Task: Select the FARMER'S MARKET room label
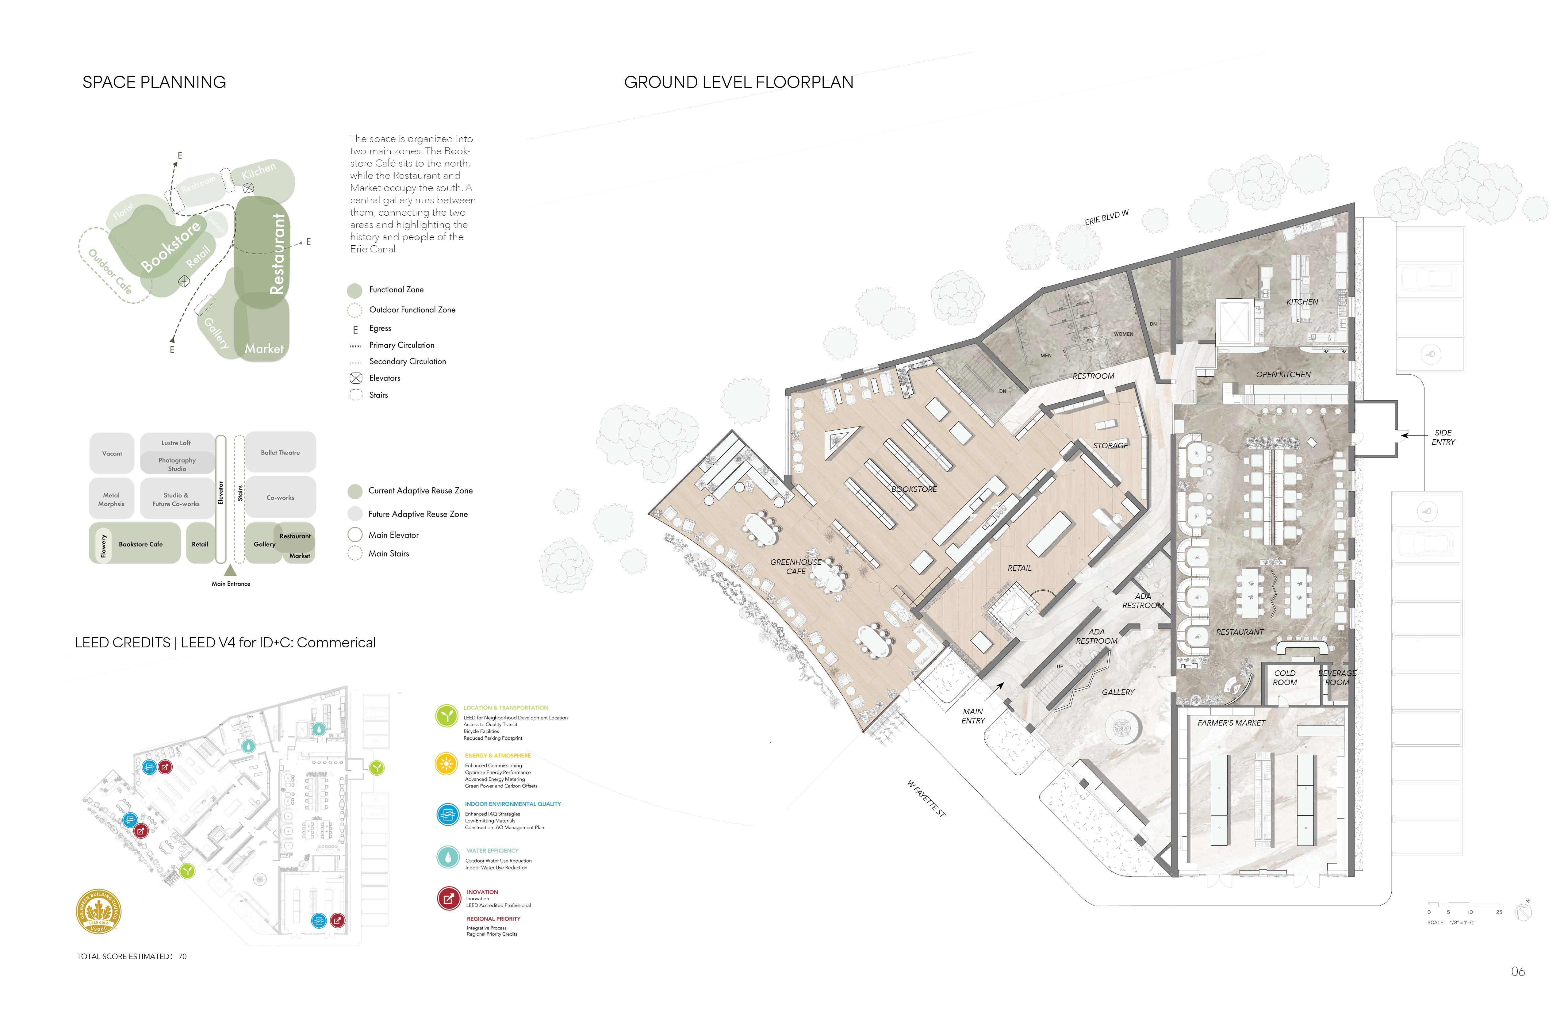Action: point(1231,723)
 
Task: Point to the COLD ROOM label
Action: point(1285,677)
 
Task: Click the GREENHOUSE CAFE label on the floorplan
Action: point(796,566)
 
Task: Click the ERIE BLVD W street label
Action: point(1107,217)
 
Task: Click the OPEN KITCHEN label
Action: point(1283,374)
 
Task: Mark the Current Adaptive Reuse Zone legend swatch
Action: point(355,491)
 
